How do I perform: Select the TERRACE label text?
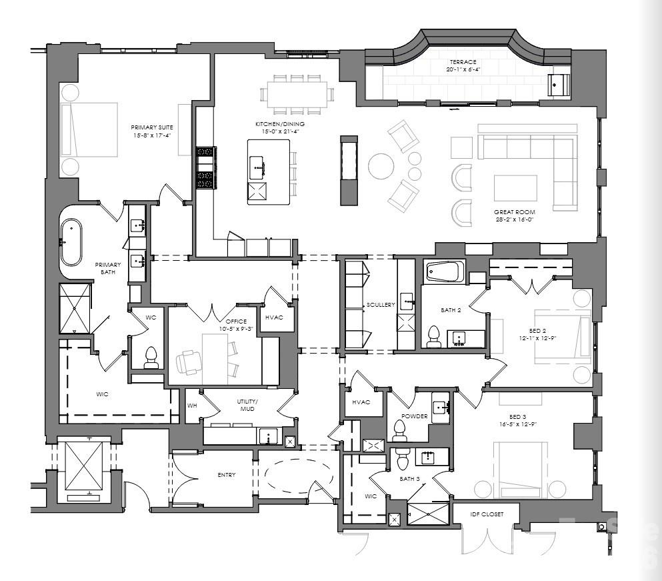coord(462,62)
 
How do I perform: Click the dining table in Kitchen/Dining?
coord(298,93)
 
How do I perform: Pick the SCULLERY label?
coord(381,305)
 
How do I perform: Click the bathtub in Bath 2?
coord(445,272)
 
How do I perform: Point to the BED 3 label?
coord(517,417)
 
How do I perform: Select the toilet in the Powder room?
coord(400,430)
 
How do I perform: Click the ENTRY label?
coord(227,475)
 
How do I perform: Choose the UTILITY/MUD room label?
coord(247,404)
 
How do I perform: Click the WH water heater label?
coord(192,406)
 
